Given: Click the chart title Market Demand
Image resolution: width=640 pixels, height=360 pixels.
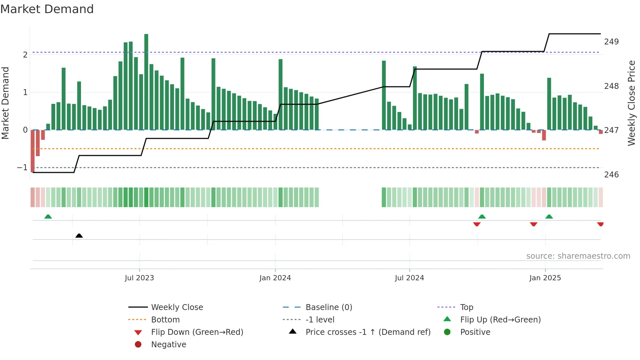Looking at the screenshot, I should pos(47,9).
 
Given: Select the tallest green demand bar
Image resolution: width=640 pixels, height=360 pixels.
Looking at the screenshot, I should pos(146,82).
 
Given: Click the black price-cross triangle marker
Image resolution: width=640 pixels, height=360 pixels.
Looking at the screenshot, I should pos(79,236).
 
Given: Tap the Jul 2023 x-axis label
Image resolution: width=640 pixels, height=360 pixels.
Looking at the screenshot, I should pos(139,278).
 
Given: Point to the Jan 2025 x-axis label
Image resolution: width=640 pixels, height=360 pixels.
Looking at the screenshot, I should pos(545,278).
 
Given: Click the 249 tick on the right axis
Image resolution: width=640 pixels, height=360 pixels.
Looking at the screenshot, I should pos(611,42).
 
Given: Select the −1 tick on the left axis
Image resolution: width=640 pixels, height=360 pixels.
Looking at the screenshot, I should pos(22,168).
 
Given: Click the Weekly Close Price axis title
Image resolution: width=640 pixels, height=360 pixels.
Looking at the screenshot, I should pos(632,103).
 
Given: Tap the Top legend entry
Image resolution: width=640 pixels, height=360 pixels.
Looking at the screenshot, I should pos(467,307).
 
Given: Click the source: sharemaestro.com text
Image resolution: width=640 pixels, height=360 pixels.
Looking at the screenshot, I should pos(578,256).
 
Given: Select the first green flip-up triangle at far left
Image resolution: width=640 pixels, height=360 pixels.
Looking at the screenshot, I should pos(48,217).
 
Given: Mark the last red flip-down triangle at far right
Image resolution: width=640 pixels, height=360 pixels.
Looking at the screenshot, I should pos(600,224).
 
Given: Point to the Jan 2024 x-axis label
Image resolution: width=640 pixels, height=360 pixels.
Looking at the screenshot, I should pos(275,278).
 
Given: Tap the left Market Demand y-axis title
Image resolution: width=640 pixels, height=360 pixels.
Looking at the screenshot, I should pos(5,103).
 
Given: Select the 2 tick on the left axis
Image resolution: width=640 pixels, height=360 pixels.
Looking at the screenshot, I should pos(25,55).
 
